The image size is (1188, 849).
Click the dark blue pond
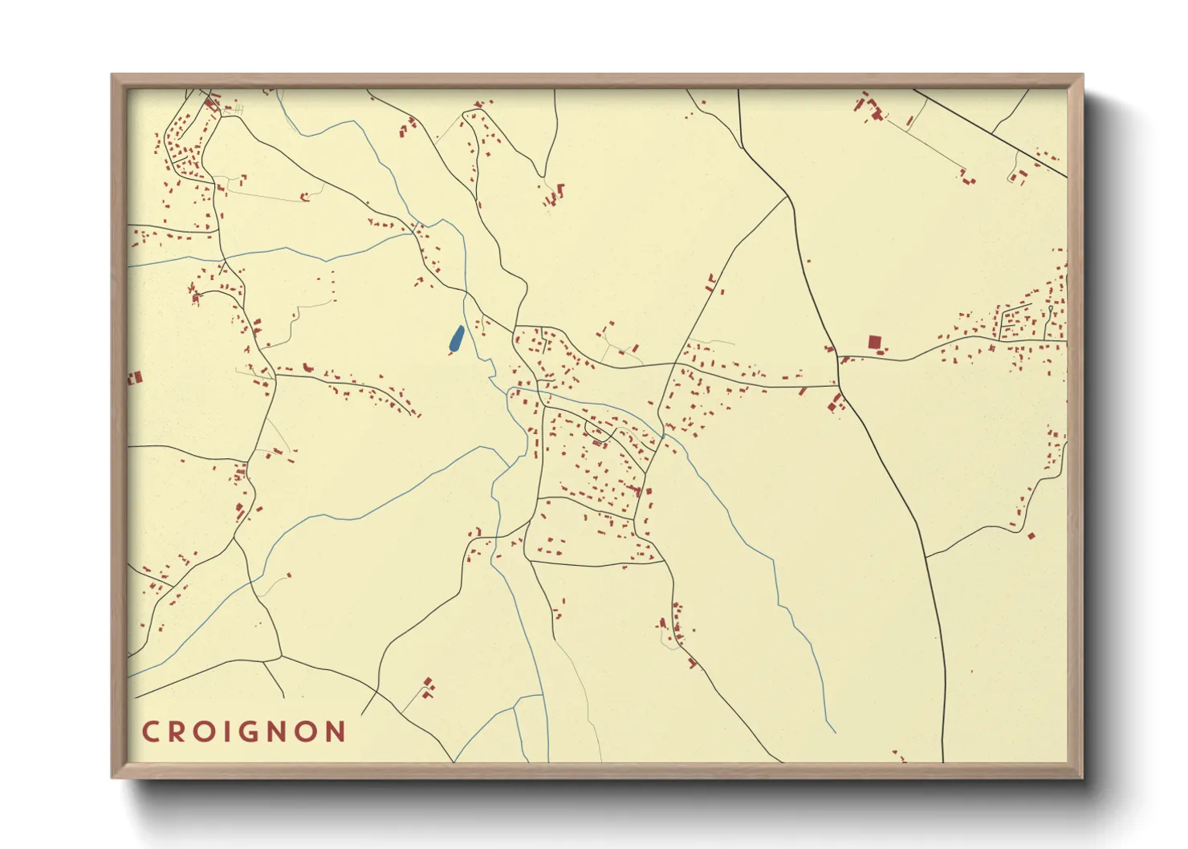[x=456, y=339]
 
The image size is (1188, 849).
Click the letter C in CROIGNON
[x=150, y=732]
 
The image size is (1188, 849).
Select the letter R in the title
[x=178, y=732]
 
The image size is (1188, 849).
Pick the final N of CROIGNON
[x=336, y=732]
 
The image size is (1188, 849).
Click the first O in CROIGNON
[x=208, y=732]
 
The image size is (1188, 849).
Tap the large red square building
[x=874, y=343]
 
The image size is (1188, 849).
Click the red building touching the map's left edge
[x=135, y=377]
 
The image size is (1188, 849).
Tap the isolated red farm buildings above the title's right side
[x=428, y=686]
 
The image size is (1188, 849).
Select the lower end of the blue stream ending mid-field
[x=835, y=732]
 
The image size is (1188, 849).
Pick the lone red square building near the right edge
[x=1031, y=535]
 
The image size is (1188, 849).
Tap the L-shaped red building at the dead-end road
[x=559, y=190]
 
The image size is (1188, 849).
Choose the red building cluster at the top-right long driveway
[x=871, y=110]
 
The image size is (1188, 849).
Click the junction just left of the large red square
[x=839, y=357]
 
